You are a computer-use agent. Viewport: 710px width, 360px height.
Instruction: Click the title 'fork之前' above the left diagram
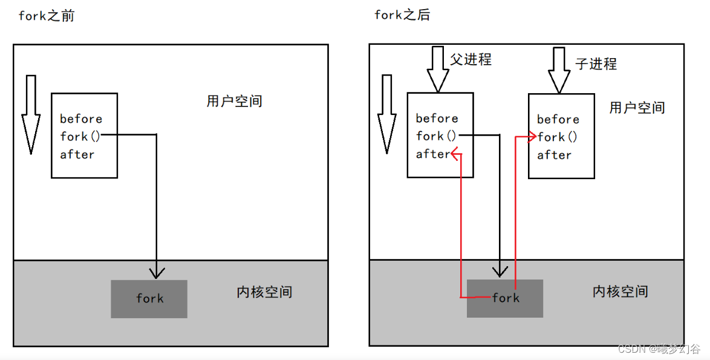click(47, 16)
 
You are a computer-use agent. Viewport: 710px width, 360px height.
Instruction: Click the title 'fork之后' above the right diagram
click(402, 15)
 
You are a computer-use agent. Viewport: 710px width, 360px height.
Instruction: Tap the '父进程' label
click(471, 59)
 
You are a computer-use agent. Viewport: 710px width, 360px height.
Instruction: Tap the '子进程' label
click(596, 64)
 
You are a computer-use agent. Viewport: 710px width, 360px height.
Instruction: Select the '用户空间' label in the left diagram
click(234, 101)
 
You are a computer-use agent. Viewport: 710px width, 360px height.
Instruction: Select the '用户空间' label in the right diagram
click(637, 108)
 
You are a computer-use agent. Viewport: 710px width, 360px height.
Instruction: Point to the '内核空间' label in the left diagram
click(264, 292)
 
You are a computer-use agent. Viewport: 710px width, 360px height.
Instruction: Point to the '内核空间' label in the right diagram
click(620, 291)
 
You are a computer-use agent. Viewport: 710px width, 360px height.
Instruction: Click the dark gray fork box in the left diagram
click(149, 299)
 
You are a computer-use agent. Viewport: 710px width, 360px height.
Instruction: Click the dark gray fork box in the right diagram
click(505, 298)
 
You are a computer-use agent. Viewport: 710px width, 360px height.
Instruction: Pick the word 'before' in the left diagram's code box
click(81, 119)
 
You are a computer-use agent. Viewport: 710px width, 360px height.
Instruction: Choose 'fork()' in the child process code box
click(557, 137)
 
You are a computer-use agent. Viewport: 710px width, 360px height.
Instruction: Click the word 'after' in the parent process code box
click(433, 154)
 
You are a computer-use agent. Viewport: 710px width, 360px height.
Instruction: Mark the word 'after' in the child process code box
click(554, 155)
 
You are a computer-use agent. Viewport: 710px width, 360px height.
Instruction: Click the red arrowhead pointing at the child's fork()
click(532, 137)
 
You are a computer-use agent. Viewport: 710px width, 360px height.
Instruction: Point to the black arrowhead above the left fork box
click(156, 273)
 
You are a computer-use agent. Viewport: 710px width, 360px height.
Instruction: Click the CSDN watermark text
click(659, 349)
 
